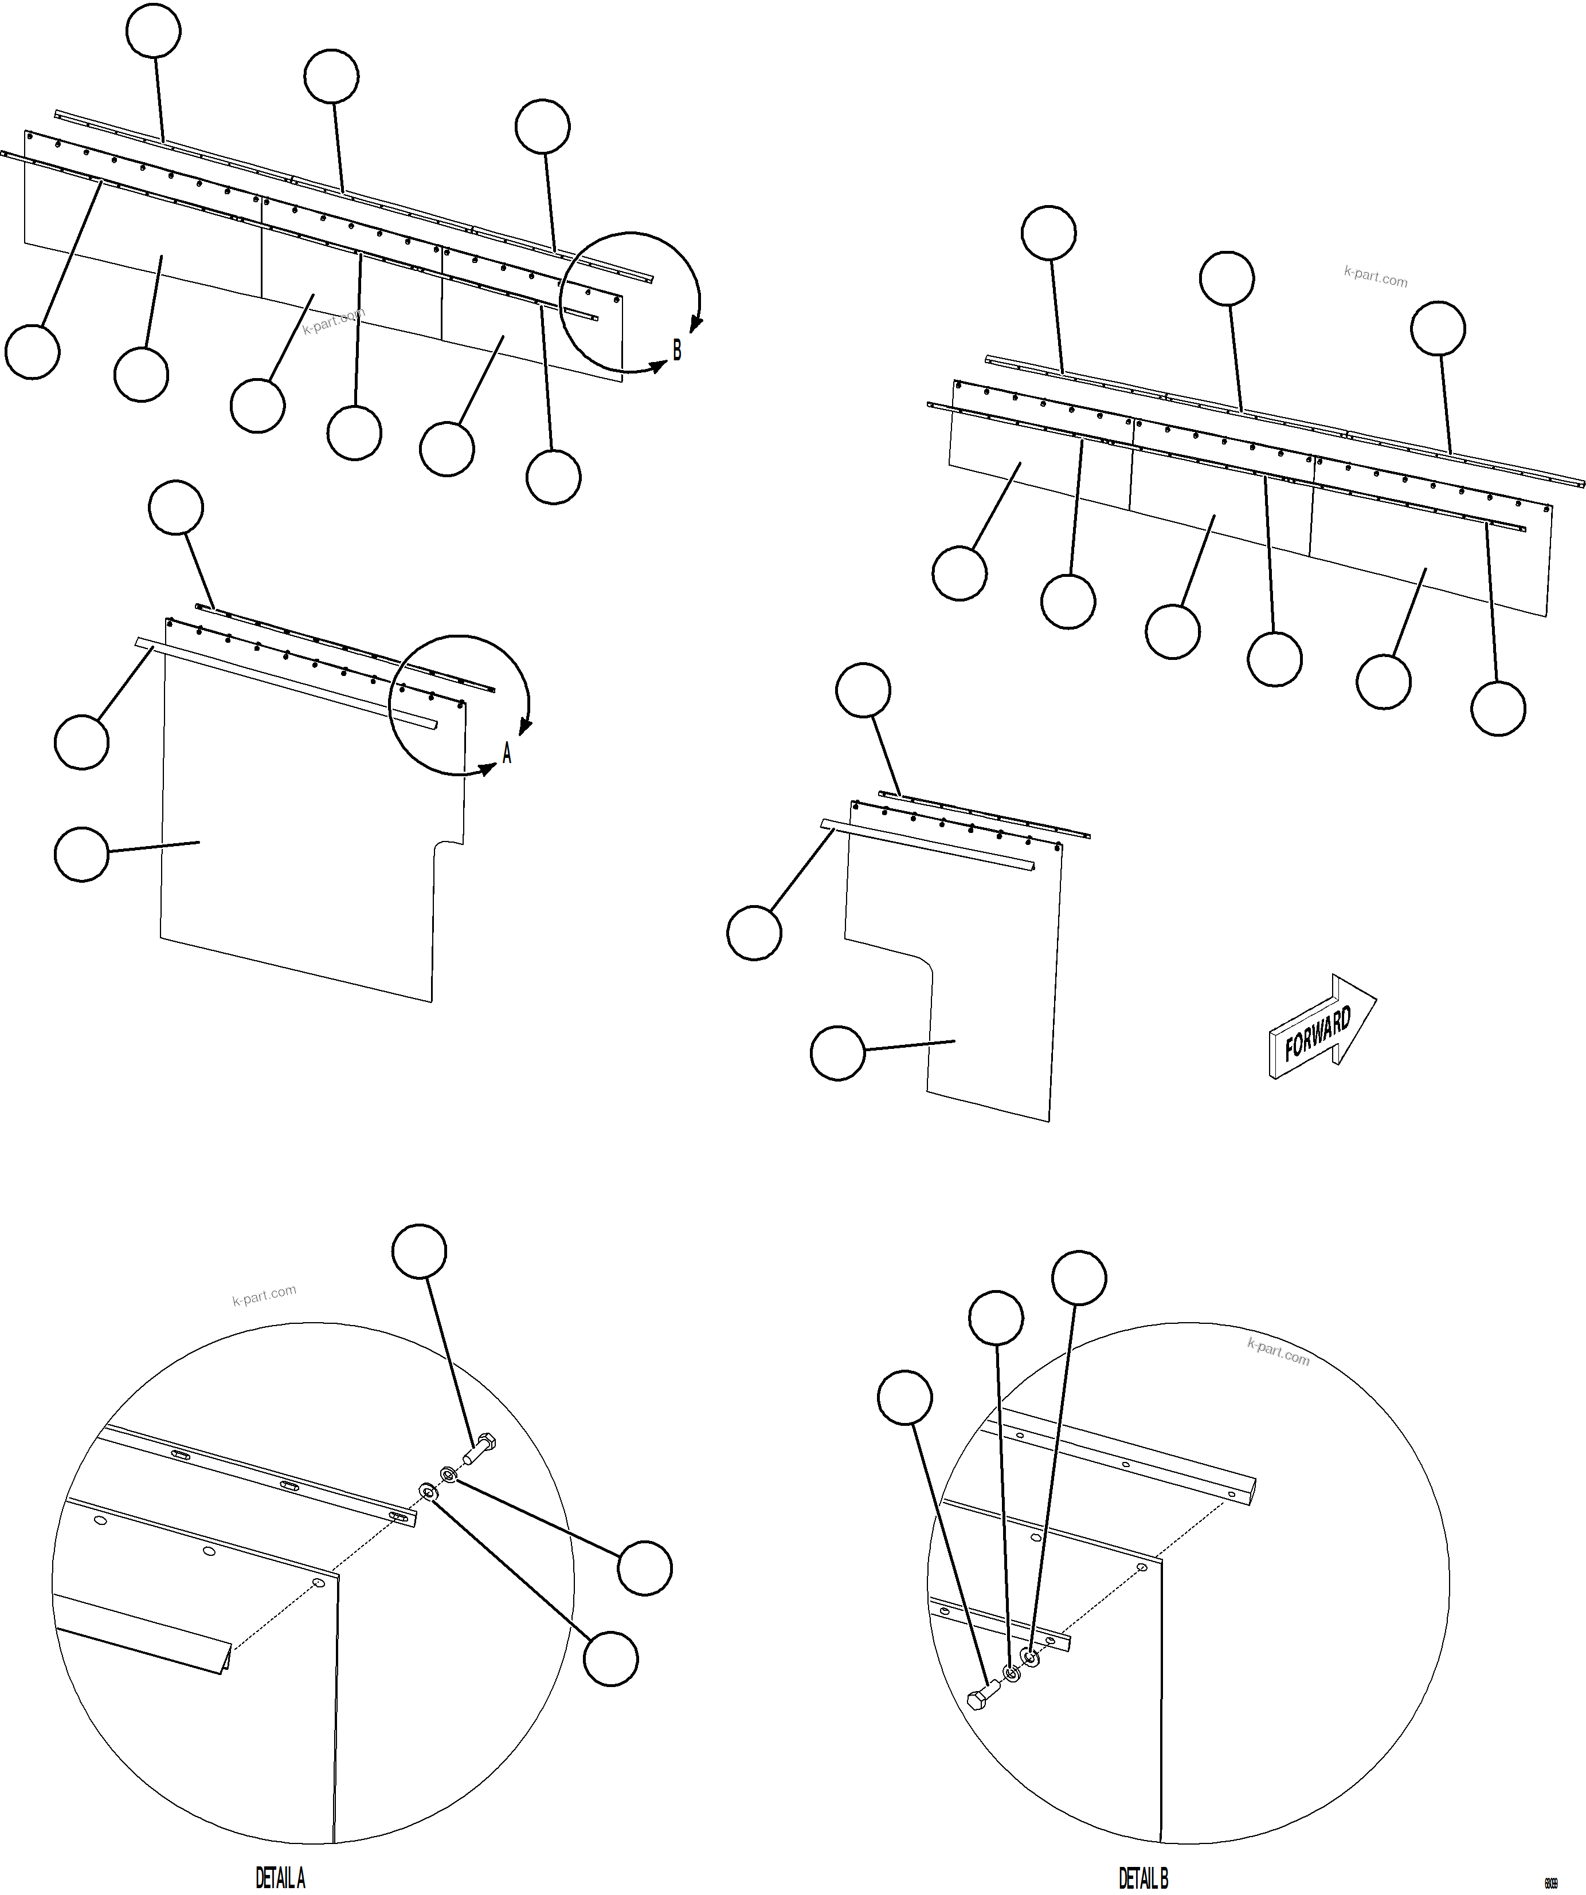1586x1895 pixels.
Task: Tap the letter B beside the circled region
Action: tap(677, 349)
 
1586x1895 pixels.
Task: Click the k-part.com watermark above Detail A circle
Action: tap(264, 1296)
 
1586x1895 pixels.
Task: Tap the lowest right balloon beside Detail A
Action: tap(610, 1658)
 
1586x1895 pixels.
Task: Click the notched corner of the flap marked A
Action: tap(442, 844)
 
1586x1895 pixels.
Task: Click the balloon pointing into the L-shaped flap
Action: tap(837, 1052)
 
